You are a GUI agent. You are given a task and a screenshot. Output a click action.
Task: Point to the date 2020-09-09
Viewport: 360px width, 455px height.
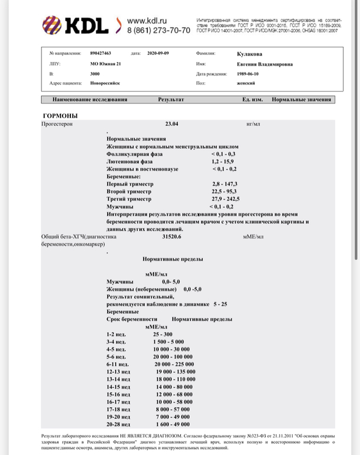click(x=158, y=53)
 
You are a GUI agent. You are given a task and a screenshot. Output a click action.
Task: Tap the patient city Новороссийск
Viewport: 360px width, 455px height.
click(x=105, y=84)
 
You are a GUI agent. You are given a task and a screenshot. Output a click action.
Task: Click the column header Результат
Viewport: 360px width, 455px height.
click(x=171, y=100)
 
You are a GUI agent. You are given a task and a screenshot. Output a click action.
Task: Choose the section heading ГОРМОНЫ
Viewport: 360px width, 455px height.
click(x=60, y=115)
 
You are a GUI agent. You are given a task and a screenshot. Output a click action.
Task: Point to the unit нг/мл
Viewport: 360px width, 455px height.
click(x=252, y=125)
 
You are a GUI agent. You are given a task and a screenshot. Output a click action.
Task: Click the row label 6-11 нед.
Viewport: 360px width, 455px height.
click(x=116, y=364)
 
